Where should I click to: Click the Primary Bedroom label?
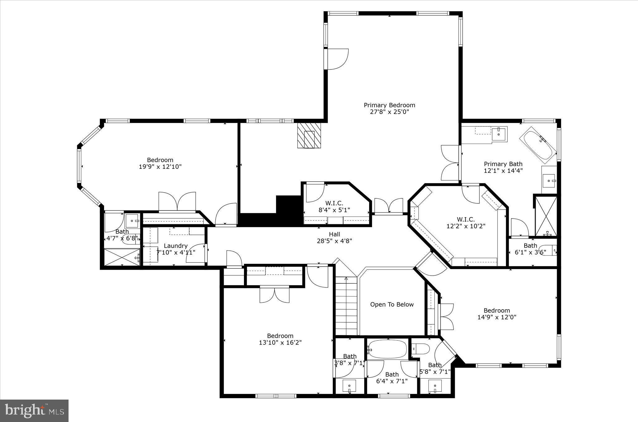click(389, 105)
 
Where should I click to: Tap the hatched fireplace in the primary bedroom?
click(309, 135)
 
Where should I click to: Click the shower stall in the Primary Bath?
click(546, 216)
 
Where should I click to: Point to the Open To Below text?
click(392, 305)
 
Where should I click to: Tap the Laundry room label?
click(175, 246)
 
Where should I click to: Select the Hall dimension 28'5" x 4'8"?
click(334, 241)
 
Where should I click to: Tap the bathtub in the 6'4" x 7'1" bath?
click(387, 349)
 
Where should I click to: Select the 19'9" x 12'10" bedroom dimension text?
click(160, 167)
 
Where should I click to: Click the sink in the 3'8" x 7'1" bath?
click(349, 386)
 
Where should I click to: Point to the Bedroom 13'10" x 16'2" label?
click(280, 339)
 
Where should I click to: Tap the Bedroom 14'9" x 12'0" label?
click(497, 314)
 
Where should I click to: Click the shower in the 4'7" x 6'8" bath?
click(121, 257)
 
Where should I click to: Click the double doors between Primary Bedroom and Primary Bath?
click(450, 163)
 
